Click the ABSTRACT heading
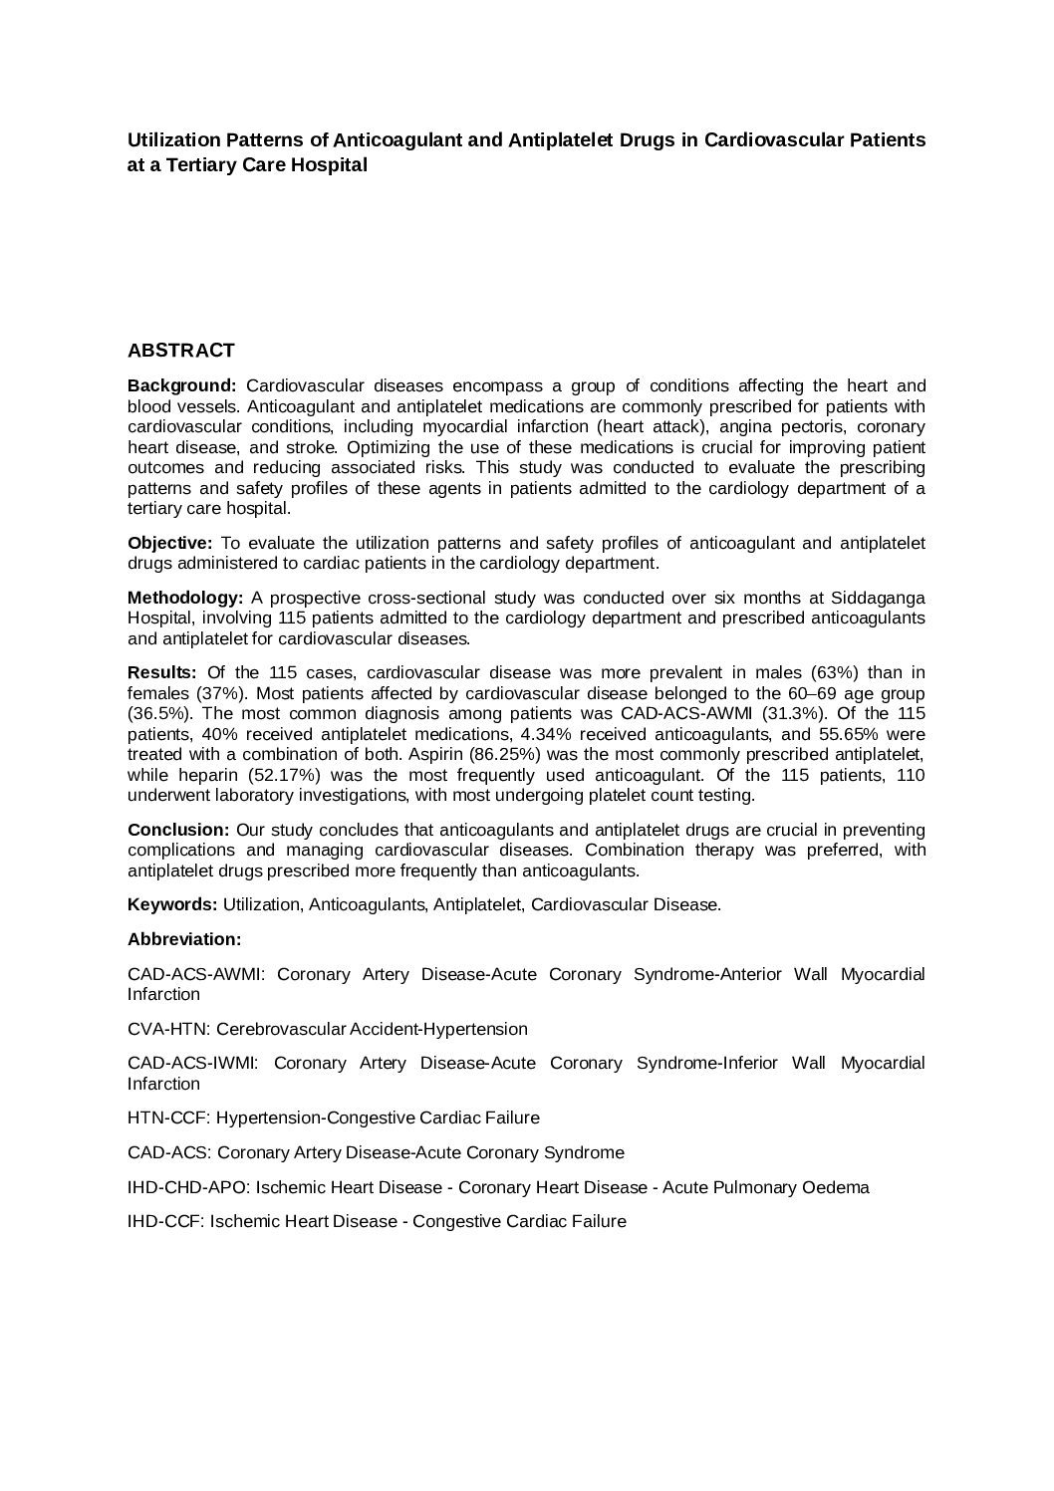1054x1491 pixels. pos(180,351)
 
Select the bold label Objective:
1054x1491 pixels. pos(169,543)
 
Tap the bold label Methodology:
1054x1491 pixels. pos(185,598)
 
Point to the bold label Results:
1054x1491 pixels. pos(161,673)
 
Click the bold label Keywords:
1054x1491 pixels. pos(172,904)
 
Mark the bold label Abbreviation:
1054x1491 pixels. pos(184,939)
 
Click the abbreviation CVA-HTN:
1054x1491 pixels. pos(169,1029)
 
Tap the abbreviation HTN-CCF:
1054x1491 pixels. pos(169,1118)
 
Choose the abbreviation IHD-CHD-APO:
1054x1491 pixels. pos(186,1187)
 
